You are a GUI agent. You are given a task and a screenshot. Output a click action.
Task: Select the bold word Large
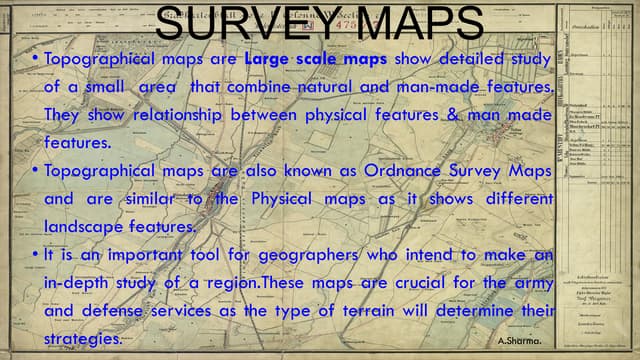tap(267, 60)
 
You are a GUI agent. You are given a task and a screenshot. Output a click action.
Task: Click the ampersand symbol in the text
tap(448, 116)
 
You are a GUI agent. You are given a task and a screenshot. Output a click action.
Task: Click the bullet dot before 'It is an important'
tap(34, 255)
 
